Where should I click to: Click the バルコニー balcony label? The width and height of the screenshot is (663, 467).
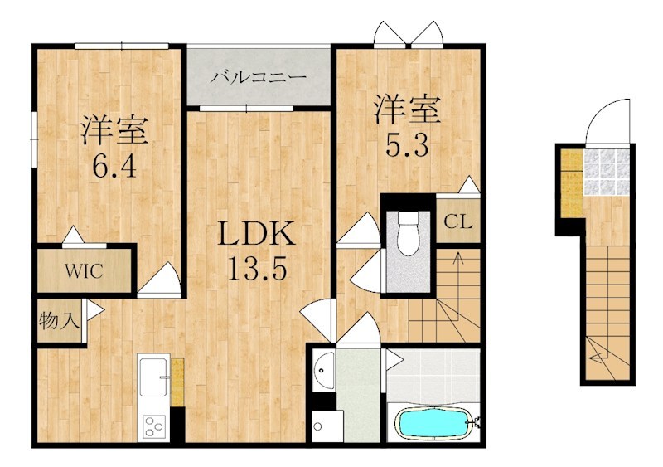click(x=259, y=77)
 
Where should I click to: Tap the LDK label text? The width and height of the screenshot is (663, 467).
click(x=256, y=233)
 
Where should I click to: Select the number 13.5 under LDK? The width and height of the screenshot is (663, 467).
click(x=257, y=268)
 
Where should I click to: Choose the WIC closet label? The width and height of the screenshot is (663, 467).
click(x=84, y=271)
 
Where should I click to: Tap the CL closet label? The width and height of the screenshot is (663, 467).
click(x=458, y=221)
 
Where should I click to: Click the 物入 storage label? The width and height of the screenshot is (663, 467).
click(x=59, y=320)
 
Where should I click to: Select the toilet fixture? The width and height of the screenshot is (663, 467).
click(x=408, y=233)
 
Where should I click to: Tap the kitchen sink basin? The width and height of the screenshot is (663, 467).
click(x=152, y=377)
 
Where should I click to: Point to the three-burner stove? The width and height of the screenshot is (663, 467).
click(x=153, y=426)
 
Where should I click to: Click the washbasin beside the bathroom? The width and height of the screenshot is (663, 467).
click(x=322, y=372)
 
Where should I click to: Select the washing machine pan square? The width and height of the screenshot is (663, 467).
click(x=327, y=426)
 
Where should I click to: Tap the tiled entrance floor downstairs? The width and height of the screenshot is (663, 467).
click(x=607, y=172)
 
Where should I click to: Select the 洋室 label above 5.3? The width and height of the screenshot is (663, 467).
click(x=407, y=109)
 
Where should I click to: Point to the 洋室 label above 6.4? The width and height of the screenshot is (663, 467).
click(x=114, y=129)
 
